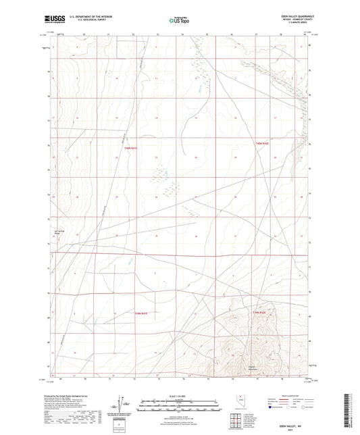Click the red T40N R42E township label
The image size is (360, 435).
pos(262,144)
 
